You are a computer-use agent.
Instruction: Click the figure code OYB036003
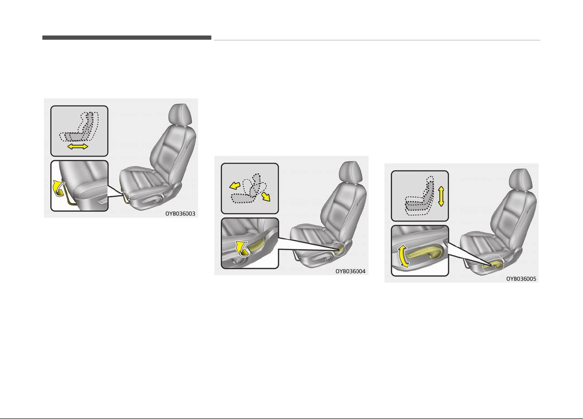click(x=180, y=213)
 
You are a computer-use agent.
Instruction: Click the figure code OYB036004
click(x=350, y=271)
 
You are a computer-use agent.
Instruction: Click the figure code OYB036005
click(x=521, y=279)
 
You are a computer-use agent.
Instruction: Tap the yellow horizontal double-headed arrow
click(x=78, y=147)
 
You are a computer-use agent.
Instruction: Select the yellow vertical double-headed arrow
click(x=441, y=196)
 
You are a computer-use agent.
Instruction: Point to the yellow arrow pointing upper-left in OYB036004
click(x=235, y=185)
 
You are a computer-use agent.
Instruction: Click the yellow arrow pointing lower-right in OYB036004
click(x=266, y=197)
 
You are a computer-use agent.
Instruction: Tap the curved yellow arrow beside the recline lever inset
click(x=242, y=249)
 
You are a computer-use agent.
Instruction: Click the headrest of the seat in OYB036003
click(x=180, y=114)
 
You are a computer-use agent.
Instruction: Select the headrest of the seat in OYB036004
click(x=350, y=172)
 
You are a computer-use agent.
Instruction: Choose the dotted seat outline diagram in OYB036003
click(x=79, y=127)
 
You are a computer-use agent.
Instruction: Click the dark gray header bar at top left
click(x=127, y=38)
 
